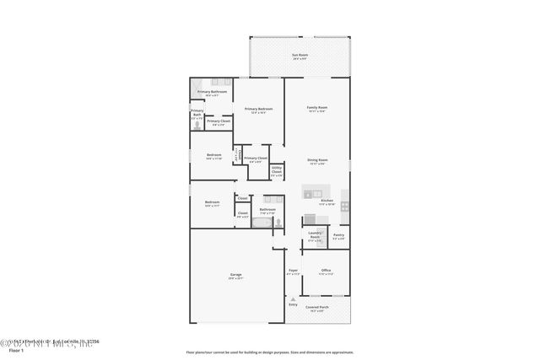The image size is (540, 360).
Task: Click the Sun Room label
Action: tap(300, 56)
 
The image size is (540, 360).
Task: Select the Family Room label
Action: tap(316, 109)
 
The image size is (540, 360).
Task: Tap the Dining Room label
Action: tap(316, 161)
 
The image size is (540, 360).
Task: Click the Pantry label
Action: tap(337, 236)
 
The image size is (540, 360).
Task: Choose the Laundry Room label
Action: tap(315, 236)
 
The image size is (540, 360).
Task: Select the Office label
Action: tap(325, 271)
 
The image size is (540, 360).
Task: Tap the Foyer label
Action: tap(293, 271)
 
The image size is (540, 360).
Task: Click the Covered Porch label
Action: tap(318, 309)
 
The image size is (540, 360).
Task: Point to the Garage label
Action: tap(235, 277)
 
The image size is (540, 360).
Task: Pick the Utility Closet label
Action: tap(277, 172)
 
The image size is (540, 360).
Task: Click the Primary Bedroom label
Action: tap(258, 110)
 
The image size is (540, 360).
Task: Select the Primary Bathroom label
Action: tap(211, 93)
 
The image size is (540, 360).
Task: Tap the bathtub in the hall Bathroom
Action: tap(261, 224)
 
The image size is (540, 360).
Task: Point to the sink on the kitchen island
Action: tap(308, 194)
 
